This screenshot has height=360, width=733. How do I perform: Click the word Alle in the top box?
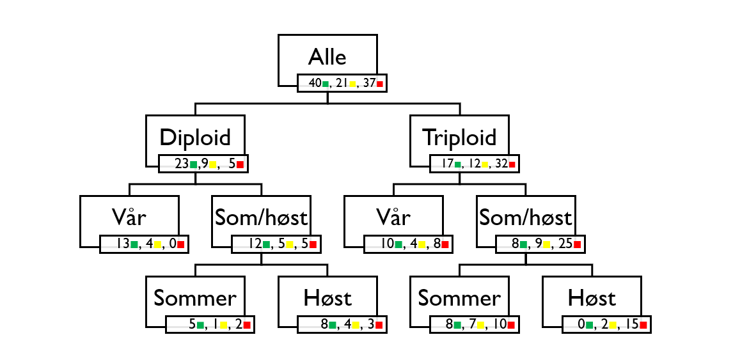pyautogui.click(x=327, y=57)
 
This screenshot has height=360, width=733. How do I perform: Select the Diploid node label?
pyautogui.click(x=194, y=137)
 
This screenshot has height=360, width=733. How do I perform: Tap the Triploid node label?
pyautogui.click(x=459, y=137)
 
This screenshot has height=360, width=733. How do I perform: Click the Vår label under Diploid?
pyautogui.click(x=129, y=217)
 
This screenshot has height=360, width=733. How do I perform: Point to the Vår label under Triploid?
pyautogui.click(x=393, y=217)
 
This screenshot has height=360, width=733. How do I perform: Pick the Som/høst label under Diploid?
pyautogui.click(x=261, y=217)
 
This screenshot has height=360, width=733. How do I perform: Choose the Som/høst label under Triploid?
pyautogui.click(x=525, y=217)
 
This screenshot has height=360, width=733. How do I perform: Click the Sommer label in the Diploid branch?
pyautogui.click(x=194, y=298)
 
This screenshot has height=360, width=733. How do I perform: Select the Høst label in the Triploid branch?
pyautogui.click(x=592, y=298)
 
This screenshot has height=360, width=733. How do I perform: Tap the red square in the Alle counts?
pyautogui.click(x=380, y=84)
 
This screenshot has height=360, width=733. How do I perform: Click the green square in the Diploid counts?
pyautogui.click(x=193, y=164)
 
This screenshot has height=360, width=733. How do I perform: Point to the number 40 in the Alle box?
pyautogui.click(x=315, y=83)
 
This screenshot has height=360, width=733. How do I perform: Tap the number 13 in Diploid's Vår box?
pyautogui.click(x=123, y=244)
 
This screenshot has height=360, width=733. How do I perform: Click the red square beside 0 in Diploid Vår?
pyautogui.click(x=181, y=245)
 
